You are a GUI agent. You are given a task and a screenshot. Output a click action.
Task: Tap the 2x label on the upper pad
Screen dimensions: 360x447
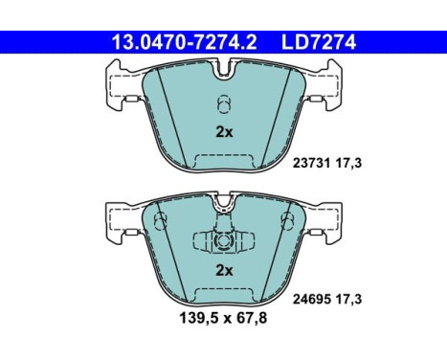223,133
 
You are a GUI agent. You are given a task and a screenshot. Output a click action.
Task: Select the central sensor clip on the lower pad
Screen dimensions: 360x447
223,241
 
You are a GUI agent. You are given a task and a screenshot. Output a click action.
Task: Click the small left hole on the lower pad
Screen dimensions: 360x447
160,222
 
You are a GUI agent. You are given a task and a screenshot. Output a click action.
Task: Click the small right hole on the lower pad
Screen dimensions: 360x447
286,222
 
